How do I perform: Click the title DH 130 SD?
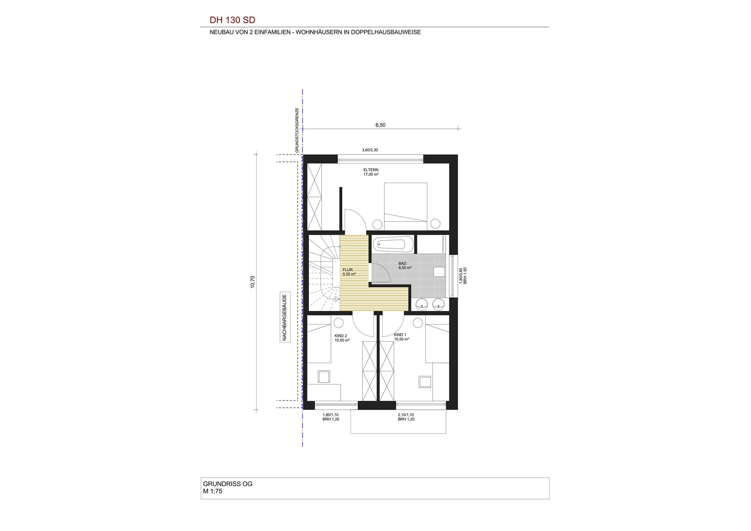(x=232, y=20)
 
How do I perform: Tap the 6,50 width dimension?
(x=380, y=125)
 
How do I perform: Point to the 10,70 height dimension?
(x=252, y=282)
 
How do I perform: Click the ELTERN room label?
(x=371, y=170)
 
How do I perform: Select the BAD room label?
(x=402, y=263)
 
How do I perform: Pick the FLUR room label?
(x=348, y=270)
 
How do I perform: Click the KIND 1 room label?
(x=400, y=335)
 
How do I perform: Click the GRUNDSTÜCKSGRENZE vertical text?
(x=297, y=130)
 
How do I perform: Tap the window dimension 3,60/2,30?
(x=370, y=150)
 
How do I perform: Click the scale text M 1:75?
(x=213, y=491)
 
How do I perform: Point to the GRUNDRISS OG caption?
(x=228, y=484)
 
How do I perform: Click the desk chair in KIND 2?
(x=324, y=376)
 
